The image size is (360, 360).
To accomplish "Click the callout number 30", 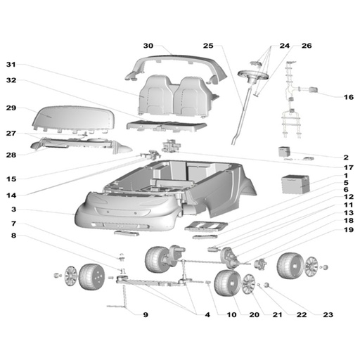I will coord(148,46).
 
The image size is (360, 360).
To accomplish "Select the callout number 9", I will coord(146,314).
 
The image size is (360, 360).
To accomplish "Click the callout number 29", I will coord(11,108).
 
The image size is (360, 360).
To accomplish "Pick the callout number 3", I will coord(12,210).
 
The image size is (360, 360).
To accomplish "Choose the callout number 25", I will coord(208,46).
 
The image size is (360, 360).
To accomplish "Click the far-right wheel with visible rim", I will coord(291,266).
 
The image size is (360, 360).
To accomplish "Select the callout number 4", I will coord(207,314).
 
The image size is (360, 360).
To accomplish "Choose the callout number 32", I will coord(11,81).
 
